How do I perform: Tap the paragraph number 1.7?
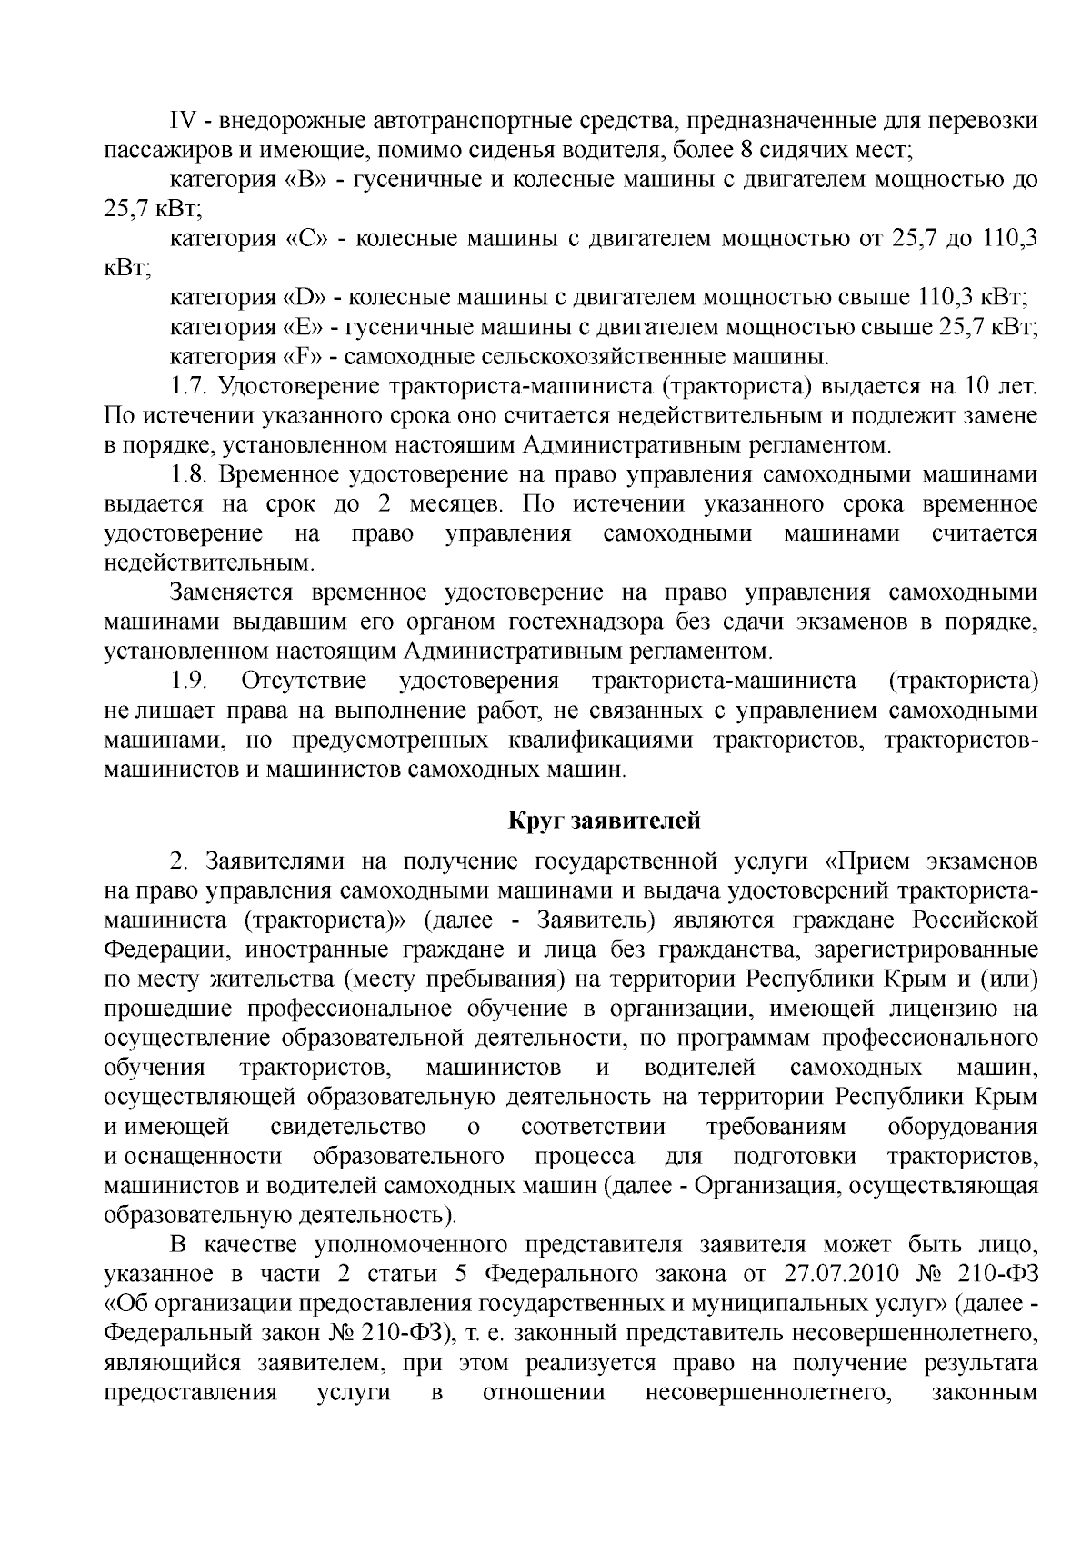point(190,386)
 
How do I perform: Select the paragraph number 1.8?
point(190,474)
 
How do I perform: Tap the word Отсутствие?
point(304,681)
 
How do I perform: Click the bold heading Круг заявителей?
point(604,821)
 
